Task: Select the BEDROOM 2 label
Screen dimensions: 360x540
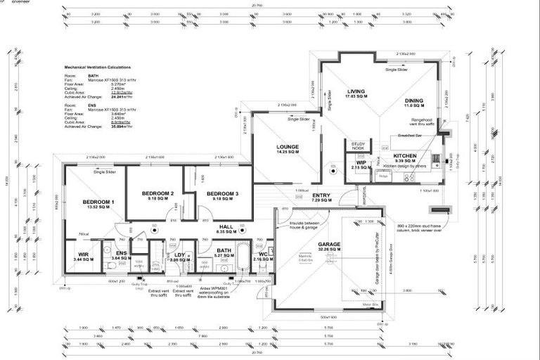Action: pos(157,193)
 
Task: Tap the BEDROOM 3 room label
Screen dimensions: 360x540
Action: pos(222,193)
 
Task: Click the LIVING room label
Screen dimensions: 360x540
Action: pos(357,91)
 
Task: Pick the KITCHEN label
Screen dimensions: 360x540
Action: pos(406,155)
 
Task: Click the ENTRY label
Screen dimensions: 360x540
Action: pos(321,195)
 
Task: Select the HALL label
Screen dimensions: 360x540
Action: pos(226,226)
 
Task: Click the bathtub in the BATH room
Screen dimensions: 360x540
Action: pos(242,257)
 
